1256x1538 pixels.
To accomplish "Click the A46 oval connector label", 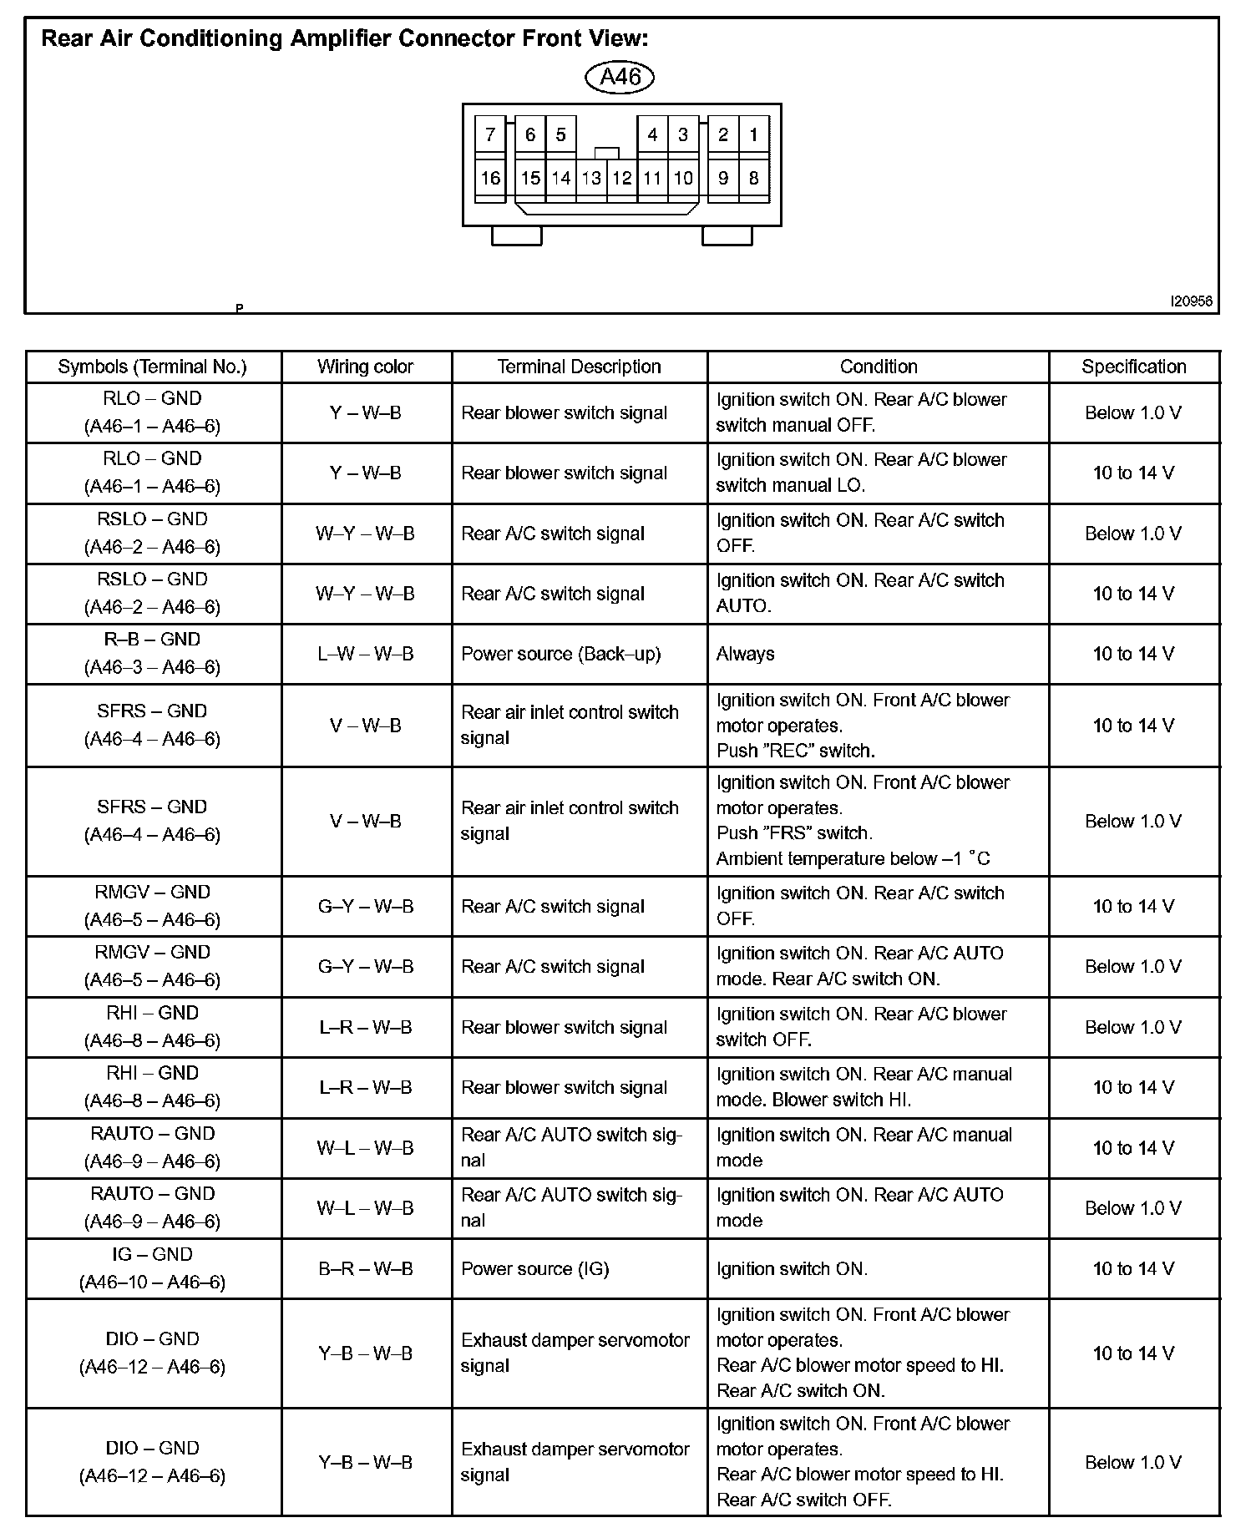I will tap(620, 77).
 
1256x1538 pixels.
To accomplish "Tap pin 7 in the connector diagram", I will tap(490, 134).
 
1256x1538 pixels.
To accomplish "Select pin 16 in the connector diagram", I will tap(490, 178).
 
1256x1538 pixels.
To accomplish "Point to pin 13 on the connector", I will tap(591, 178).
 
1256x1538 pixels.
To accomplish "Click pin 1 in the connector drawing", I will tap(753, 134).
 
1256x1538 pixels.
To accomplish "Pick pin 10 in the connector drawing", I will tap(683, 178).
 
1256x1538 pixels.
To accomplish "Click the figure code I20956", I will tap(1191, 301).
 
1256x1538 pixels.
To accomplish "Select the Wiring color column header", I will tap(365, 367).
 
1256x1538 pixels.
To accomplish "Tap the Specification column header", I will tap(1133, 367).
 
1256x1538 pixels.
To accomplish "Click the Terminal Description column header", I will tap(579, 367).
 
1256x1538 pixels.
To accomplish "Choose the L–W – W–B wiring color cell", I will tap(365, 654).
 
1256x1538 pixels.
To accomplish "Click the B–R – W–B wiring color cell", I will tap(365, 1269).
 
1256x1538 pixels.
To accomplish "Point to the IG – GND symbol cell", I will tap(152, 1268).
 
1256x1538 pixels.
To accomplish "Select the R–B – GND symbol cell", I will tap(152, 653).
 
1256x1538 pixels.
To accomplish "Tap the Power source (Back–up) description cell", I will tap(560, 654).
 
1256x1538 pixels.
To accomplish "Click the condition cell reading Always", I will tap(745, 654).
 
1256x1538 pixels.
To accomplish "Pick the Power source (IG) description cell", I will tap(534, 1269).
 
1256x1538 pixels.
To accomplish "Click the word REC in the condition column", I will tap(794, 751).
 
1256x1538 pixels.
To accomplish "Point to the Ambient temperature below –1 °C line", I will tap(853, 858).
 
